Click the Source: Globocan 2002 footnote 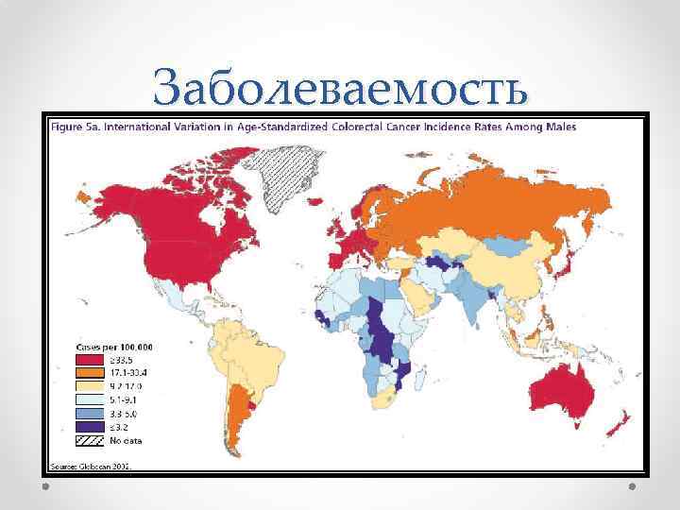[x=91, y=466]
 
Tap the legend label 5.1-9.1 [x=126, y=400]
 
